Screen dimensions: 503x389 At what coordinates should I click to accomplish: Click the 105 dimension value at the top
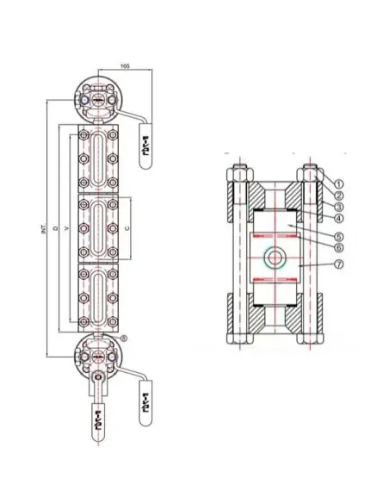(x=126, y=65)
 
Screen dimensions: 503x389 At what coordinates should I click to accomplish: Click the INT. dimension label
(x=44, y=228)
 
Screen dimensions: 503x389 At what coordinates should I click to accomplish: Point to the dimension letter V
(x=67, y=228)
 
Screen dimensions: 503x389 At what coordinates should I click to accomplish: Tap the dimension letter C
(x=128, y=228)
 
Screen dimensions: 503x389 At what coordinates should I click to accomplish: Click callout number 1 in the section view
(x=339, y=183)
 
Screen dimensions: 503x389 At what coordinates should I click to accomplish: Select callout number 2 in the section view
(x=339, y=196)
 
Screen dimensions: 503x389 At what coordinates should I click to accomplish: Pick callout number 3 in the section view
(x=339, y=208)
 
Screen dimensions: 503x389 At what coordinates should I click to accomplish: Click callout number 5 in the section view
(x=339, y=236)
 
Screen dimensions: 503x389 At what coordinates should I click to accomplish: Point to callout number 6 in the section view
(x=339, y=248)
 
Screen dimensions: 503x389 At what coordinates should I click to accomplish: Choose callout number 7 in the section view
(x=339, y=264)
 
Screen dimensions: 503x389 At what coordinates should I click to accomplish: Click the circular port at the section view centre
(x=273, y=257)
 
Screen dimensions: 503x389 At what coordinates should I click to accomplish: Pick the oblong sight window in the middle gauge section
(x=97, y=227)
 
